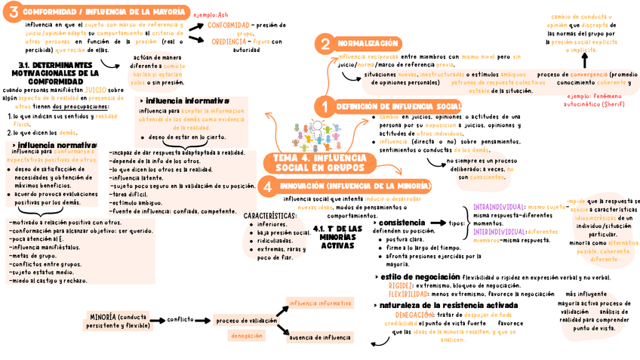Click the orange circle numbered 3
click(14, 12)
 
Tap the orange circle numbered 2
click(325, 44)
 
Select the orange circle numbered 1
click(325, 106)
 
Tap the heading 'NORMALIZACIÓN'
click(368, 44)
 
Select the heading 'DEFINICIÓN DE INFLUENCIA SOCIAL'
click(398, 106)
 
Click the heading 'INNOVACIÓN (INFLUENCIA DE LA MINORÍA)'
click(355, 186)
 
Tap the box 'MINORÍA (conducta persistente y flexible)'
click(118, 321)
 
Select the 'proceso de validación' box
click(247, 320)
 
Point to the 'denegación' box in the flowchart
click(247, 336)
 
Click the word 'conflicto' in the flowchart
click(181, 319)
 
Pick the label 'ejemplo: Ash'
click(211, 15)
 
